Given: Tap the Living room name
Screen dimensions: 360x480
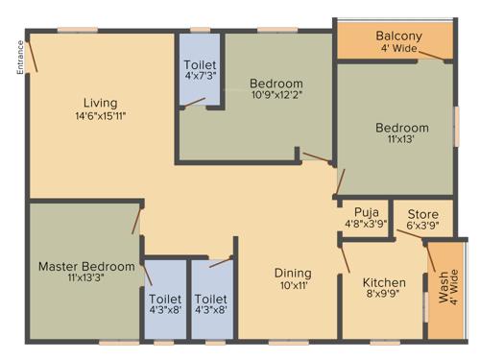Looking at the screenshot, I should point(100,103).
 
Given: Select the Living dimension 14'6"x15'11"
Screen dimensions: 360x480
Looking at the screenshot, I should point(100,116).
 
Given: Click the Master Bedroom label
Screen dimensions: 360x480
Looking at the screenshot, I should point(86,266).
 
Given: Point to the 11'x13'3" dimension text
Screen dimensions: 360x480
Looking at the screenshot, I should point(86,278).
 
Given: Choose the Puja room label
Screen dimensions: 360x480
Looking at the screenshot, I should point(365,212).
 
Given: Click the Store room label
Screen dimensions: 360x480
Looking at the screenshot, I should point(423,213).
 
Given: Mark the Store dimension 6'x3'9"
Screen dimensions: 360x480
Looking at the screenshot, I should point(423,226).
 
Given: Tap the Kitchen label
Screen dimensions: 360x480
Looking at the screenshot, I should point(384,282).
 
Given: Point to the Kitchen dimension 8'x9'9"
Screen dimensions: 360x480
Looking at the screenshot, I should point(384,296).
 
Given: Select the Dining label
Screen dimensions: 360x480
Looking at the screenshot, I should point(293,273).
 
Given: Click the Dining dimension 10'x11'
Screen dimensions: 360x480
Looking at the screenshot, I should point(293,286).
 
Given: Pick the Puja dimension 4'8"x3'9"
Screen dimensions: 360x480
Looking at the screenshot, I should point(365,225).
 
